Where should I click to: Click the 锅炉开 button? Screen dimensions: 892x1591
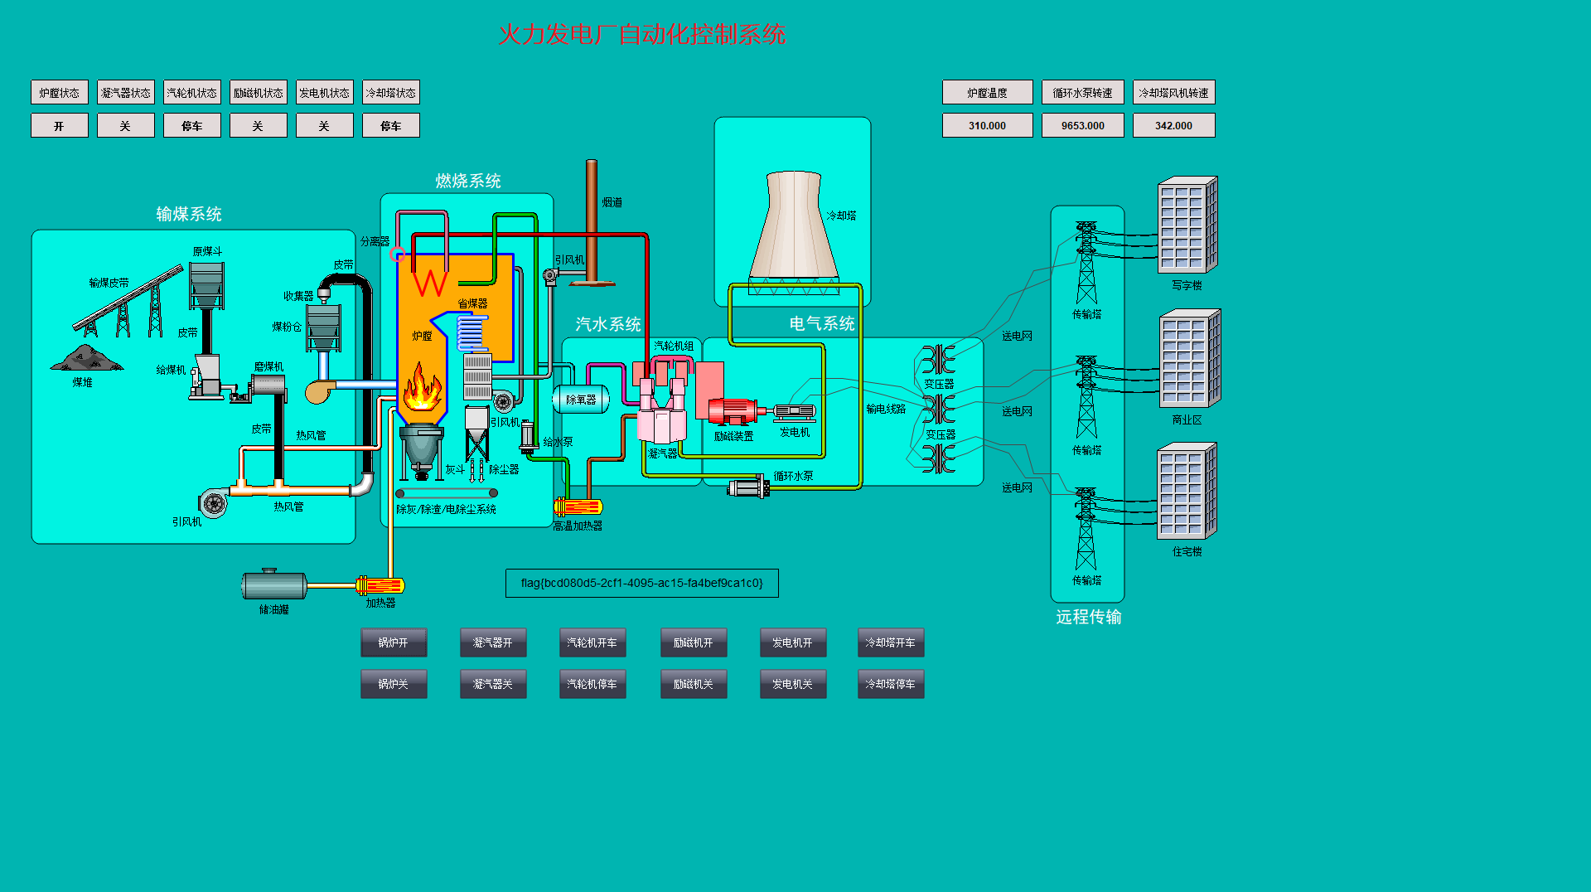tap(394, 642)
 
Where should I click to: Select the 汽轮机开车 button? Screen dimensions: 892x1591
tap(592, 642)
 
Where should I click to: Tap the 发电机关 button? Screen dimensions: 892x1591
tap(792, 684)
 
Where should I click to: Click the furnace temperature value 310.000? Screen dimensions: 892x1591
tap(987, 125)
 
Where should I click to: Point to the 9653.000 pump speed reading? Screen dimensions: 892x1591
tap(1082, 125)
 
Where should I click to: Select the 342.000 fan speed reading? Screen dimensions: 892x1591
tap(1173, 125)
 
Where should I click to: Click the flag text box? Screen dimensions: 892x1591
tap(641, 583)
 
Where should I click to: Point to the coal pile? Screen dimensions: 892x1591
tap(86, 358)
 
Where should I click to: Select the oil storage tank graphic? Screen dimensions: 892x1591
tap(274, 584)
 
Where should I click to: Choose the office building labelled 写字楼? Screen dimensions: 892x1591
tap(1187, 225)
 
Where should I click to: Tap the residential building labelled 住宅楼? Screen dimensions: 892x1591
tap(1187, 491)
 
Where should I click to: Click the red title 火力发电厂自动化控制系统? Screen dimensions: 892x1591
tap(641, 35)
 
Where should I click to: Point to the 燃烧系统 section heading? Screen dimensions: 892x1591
tap(468, 181)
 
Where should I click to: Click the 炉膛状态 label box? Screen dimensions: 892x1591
tap(60, 92)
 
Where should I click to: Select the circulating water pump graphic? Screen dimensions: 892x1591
tap(748, 487)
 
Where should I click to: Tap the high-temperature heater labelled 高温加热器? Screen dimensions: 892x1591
tap(578, 507)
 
